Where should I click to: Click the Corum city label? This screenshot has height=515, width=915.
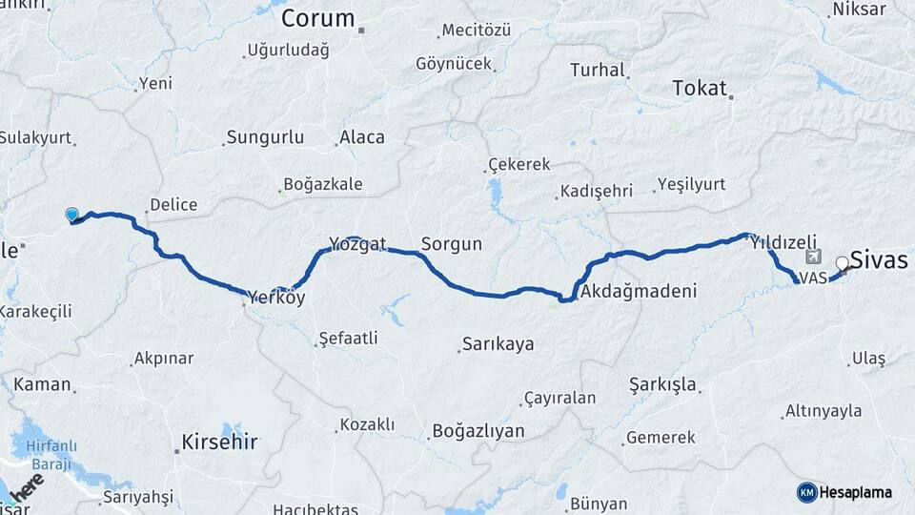tap(317, 18)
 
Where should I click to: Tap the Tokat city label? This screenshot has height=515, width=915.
tap(699, 88)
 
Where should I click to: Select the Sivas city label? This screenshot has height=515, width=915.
tap(879, 260)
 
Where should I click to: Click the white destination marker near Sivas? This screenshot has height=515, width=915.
tap(843, 264)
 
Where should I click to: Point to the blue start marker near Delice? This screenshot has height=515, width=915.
tap(71, 215)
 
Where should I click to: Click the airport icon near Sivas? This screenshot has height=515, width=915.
tap(812, 257)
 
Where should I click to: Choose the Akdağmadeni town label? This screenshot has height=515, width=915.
tap(639, 291)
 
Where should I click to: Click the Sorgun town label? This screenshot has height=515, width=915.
tap(452, 244)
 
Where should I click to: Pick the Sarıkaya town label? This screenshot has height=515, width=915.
tap(498, 343)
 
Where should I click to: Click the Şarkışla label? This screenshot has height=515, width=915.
tap(663, 385)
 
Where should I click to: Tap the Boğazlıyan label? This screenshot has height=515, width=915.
tap(478, 431)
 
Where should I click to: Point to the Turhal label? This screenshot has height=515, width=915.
tap(598, 70)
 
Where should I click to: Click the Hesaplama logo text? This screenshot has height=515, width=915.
tap(856, 492)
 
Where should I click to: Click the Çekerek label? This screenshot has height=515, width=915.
tap(518, 164)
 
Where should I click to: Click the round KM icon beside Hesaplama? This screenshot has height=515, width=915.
tap(806, 492)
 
